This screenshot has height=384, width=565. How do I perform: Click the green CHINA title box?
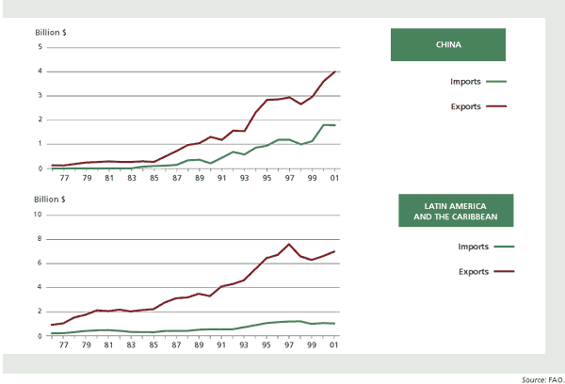[x=448, y=44]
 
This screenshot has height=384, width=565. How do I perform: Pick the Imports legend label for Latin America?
[x=467, y=247]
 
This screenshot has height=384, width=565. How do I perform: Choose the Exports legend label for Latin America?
[x=467, y=271]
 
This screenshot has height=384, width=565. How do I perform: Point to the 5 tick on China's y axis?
[x=40, y=46]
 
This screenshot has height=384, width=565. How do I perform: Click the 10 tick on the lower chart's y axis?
[x=38, y=215]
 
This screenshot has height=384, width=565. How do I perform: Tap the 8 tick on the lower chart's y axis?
[x=40, y=239]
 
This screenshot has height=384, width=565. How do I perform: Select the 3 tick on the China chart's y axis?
[x=40, y=95]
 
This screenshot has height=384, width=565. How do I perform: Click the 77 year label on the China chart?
[x=63, y=178]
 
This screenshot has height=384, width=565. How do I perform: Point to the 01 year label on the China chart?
[x=334, y=178]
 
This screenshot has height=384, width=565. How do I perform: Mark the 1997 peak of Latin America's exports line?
[x=289, y=244]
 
